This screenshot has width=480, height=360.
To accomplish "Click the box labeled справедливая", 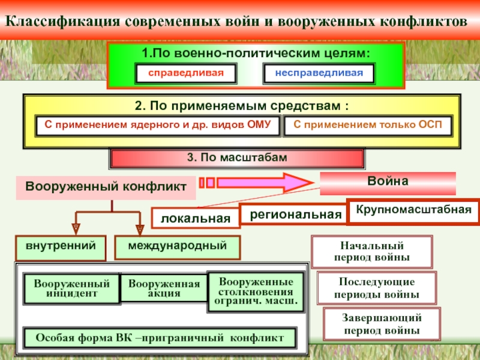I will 185,73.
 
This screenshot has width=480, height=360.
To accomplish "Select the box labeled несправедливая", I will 319,73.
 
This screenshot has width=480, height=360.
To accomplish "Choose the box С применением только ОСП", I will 367,125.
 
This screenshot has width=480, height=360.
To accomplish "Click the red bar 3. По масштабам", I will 237,158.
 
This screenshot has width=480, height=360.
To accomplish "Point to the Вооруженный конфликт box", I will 106,187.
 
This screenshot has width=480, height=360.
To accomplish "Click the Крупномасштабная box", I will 413,211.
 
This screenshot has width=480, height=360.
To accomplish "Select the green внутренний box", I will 61,247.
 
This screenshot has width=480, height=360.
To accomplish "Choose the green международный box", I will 177,247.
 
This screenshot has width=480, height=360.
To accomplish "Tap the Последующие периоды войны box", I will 377,288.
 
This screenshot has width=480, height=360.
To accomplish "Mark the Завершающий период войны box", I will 382,324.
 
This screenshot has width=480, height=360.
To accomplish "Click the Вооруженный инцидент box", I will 71,289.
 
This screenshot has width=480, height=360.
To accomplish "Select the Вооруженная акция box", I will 164,289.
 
